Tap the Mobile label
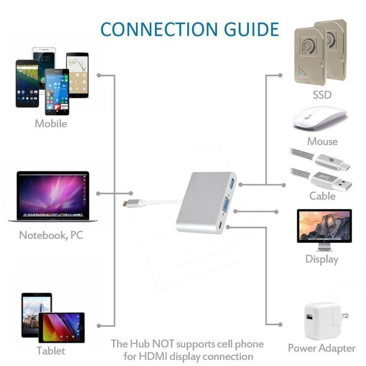(51, 123)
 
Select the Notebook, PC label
(51, 235)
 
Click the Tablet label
(51, 350)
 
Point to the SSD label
(322, 95)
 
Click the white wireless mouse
(320, 118)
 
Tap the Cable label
(322, 196)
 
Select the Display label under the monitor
(322, 259)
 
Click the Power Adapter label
(322, 348)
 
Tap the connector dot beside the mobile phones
(100, 76)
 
